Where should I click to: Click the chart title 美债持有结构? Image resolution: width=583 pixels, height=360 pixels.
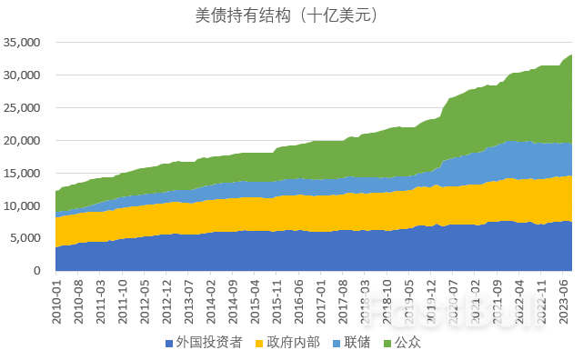pos(286,15)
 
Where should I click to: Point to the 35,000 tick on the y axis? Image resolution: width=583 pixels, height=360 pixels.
pos(25,43)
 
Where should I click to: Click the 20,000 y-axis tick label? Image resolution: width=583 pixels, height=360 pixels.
pos(25,141)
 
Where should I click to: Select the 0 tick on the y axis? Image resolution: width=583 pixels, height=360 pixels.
pos(40,271)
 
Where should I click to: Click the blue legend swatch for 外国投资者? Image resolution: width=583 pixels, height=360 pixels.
pos(169,345)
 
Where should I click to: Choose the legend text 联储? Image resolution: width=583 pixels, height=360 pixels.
pos(368,344)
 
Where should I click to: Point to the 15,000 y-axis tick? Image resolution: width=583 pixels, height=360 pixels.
pos(25,174)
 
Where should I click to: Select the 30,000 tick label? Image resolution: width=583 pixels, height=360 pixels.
pos(25,75)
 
